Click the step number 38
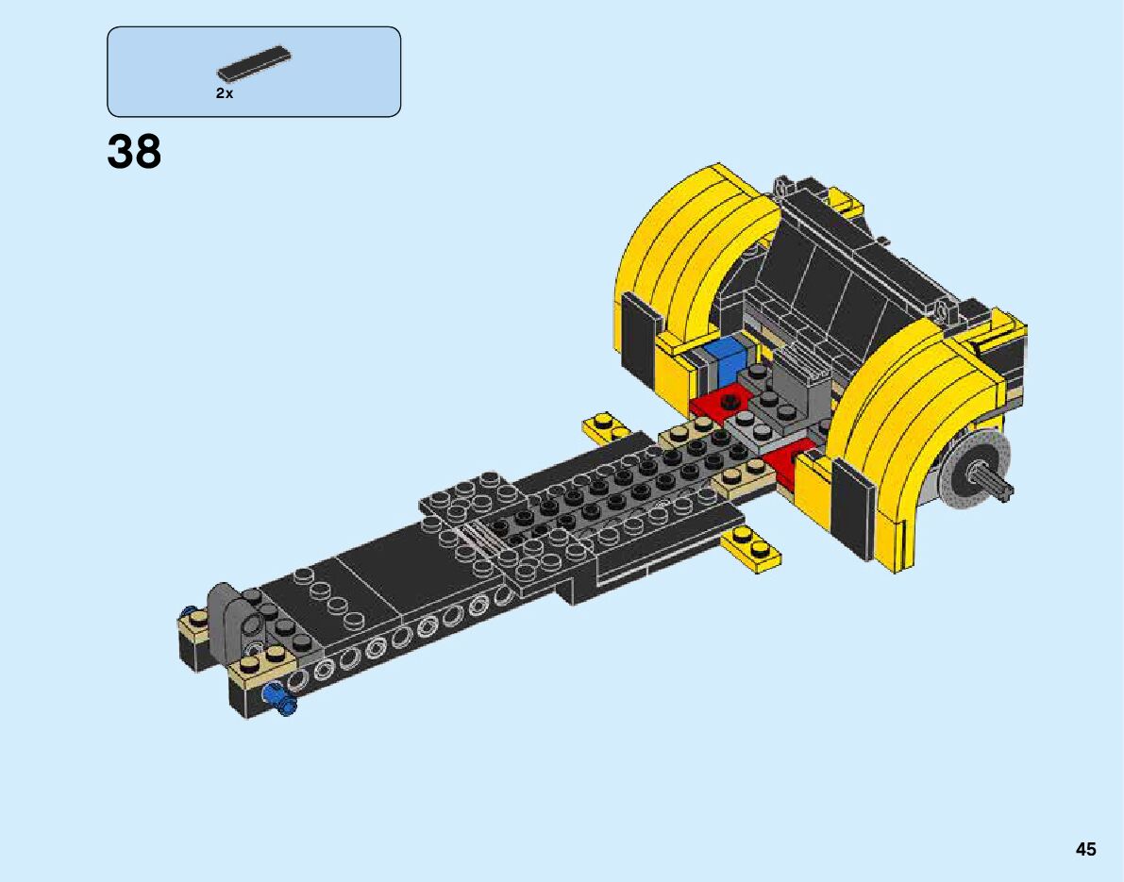pos(134,152)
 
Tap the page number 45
pos(1085,849)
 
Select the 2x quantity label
pos(225,94)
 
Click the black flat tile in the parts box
pos(255,63)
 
